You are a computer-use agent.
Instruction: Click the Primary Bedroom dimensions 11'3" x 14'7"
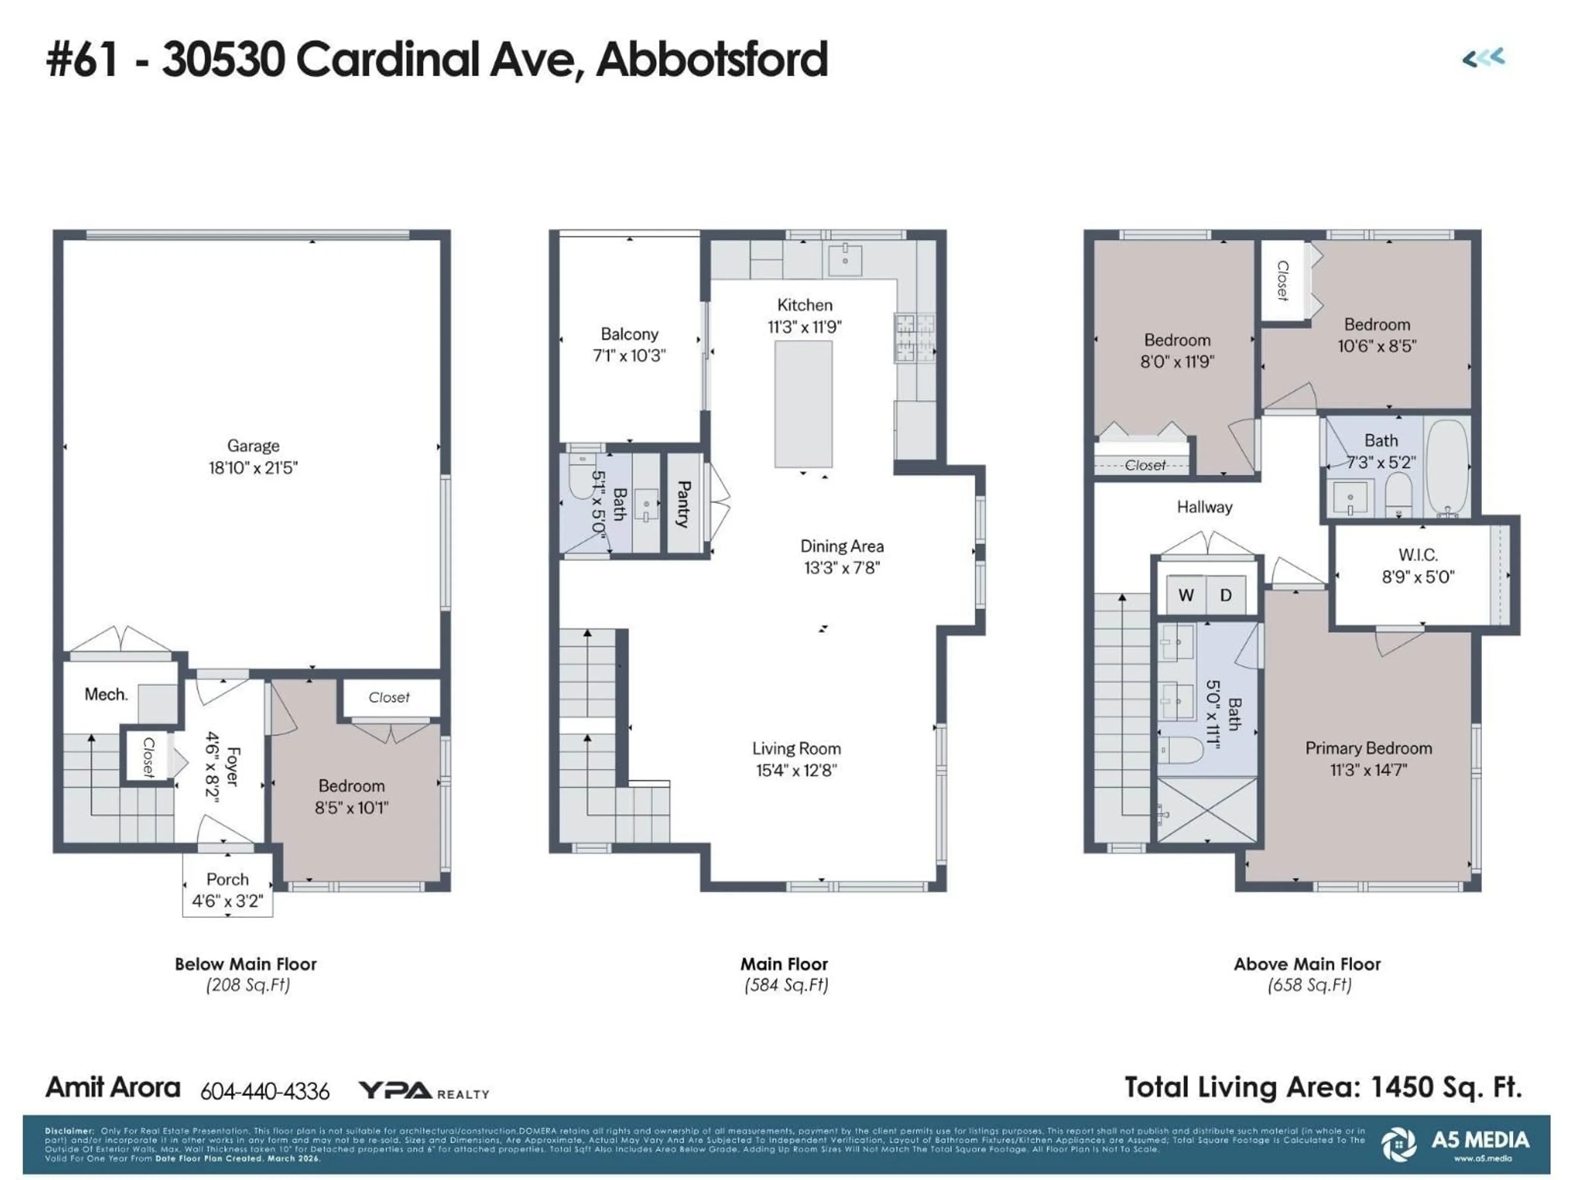coord(1368,769)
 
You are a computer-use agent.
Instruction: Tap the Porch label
coord(227,880)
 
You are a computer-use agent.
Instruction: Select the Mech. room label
coord(106,694)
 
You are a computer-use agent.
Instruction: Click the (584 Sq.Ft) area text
coord(786,985)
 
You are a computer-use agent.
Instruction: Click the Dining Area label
coord(842,546)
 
